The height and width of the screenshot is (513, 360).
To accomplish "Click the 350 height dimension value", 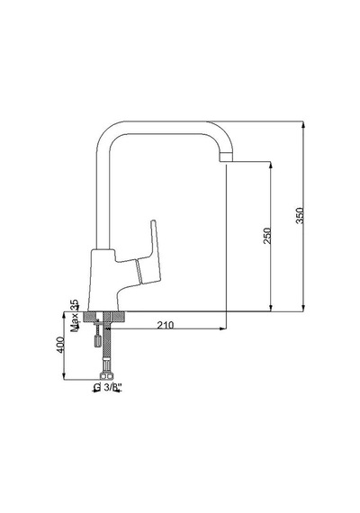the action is pyautogui.click(x=300, y=216).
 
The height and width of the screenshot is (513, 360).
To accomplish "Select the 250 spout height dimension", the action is pyautogui.click(x=267, y=236).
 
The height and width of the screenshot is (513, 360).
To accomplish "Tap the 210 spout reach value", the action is pyautogui.click(x=166, y=325).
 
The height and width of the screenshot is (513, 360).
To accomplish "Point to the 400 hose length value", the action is pyautogui.click(x=60, y=345).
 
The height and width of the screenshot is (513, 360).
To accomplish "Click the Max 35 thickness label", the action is pyautogui.click(x=75, y=315).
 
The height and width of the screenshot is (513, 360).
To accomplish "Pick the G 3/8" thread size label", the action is pyautogui.click(x=107, y=387).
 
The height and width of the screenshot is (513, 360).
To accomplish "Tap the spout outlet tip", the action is pyautogui.click(x=226, y=157).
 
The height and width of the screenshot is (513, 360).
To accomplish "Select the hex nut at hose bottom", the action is pyautogui.click(x=107, y=376).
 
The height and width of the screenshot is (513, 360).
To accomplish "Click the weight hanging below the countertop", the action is pyautogui.click(x=97, y=340).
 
